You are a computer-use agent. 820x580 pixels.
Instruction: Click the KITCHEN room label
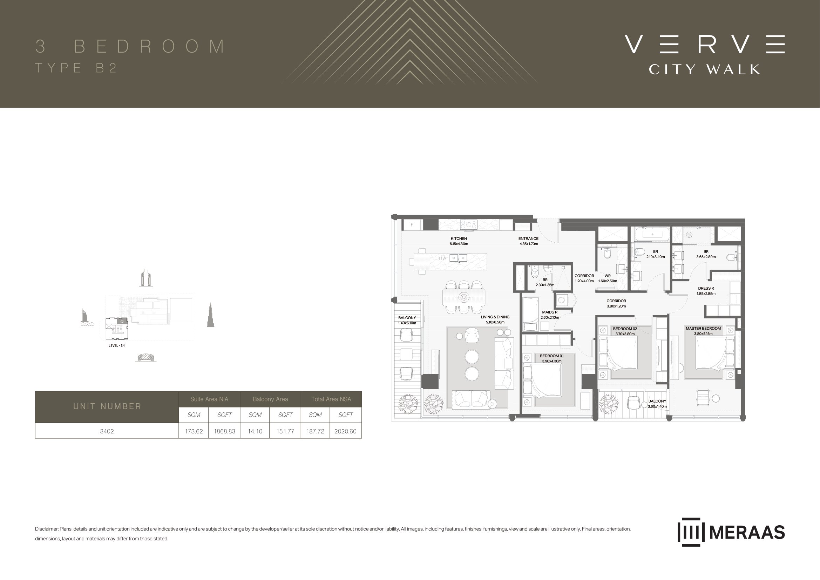459,238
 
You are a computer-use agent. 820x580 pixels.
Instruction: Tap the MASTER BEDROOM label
703,329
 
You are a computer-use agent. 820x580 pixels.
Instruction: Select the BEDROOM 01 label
552,356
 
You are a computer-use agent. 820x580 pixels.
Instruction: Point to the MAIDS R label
550,312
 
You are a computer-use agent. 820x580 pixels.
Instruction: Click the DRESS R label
706,288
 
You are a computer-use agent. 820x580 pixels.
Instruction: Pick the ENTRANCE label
529,238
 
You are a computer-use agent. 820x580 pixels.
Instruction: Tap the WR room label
608,276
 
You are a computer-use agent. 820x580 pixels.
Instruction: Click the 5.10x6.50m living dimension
495,322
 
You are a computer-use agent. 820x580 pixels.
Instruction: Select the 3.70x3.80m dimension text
625,334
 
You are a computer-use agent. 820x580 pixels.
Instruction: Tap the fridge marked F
412,225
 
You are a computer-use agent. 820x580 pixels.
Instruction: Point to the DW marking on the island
442,258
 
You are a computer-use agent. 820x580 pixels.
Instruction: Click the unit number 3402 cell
107,431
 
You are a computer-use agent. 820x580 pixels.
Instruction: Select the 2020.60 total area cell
345,431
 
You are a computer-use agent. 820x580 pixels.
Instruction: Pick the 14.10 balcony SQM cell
255,431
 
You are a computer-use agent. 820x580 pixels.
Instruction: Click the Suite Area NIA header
209,399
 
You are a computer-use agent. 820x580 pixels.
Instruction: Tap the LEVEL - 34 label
116,346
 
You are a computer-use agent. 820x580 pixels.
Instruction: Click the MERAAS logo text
747,533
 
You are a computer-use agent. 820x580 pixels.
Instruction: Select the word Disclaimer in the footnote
46,529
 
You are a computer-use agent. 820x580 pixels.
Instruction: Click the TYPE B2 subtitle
76,68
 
